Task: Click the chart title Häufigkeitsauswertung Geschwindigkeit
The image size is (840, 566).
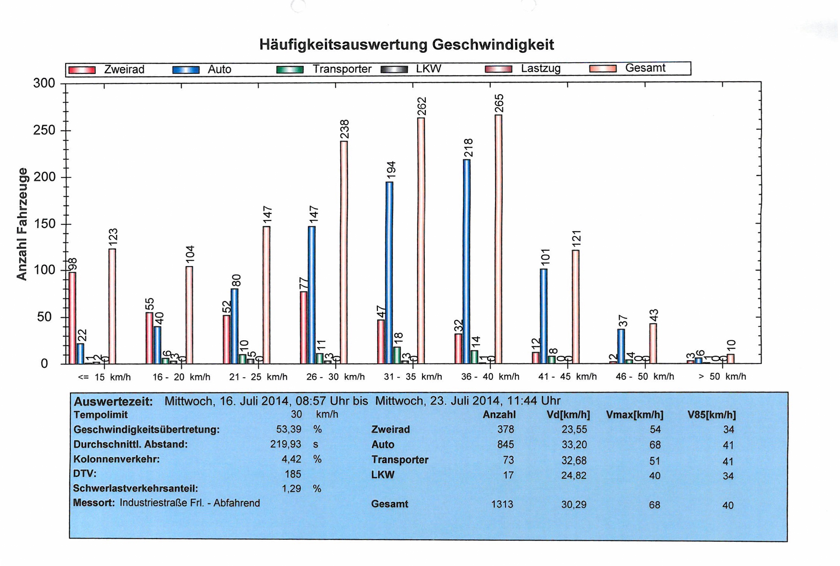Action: coord(406,45)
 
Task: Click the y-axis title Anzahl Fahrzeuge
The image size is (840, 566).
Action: coord(22,224)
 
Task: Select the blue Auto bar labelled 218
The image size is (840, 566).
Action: coord(467,261)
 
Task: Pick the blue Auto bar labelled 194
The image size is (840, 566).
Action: coord(389,273)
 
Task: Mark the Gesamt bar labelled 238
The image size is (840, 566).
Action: coord(344,252)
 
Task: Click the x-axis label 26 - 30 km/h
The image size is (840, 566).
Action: coord(335,377)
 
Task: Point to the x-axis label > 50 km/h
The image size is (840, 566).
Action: coord(722,376)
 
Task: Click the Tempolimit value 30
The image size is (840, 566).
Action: coord(296,415)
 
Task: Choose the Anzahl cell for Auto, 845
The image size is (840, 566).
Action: coord(505,445)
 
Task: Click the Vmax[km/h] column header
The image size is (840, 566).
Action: coord(635,415)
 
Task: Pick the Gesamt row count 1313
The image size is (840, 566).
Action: coord(502,505)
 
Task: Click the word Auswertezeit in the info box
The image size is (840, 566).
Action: coord(113,401)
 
